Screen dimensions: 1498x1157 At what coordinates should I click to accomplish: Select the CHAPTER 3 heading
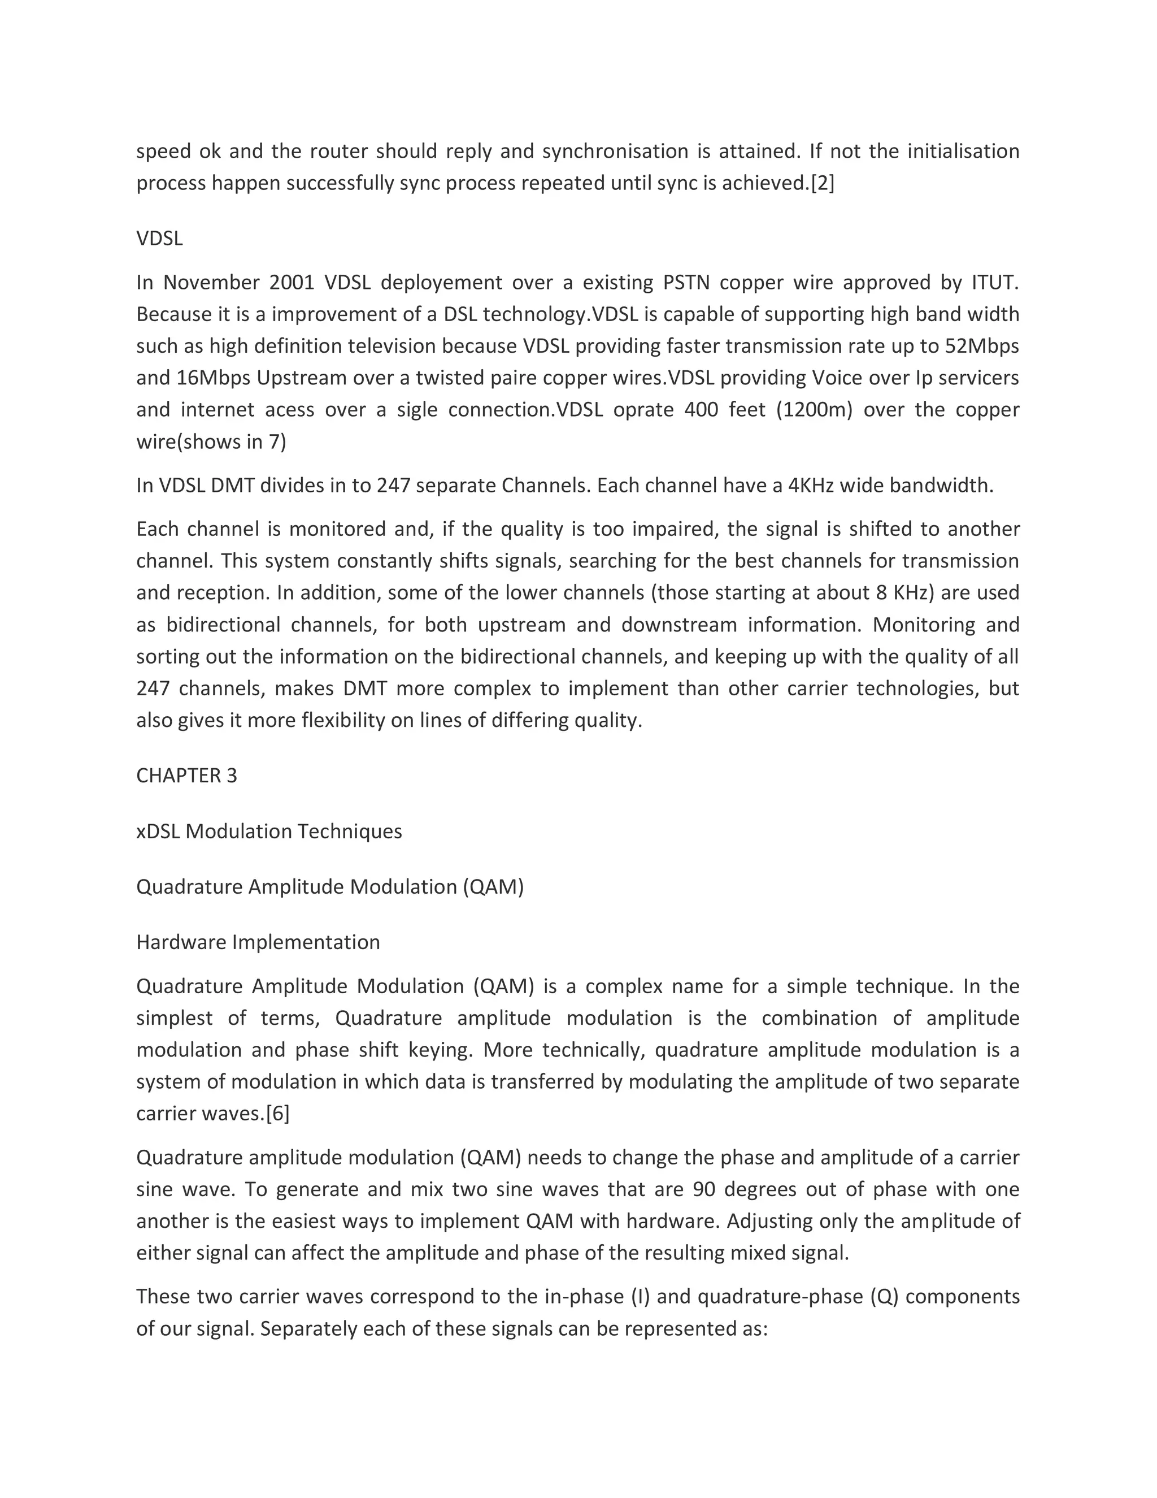[x=186, y=775]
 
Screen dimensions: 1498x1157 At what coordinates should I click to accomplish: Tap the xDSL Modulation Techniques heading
[x=269, y=832]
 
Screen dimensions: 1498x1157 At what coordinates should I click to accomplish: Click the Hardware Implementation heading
[x=258, y=942]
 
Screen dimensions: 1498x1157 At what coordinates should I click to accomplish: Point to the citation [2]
[x=823, y=183]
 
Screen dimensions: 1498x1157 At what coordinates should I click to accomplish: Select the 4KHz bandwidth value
[x=811, y=486]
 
